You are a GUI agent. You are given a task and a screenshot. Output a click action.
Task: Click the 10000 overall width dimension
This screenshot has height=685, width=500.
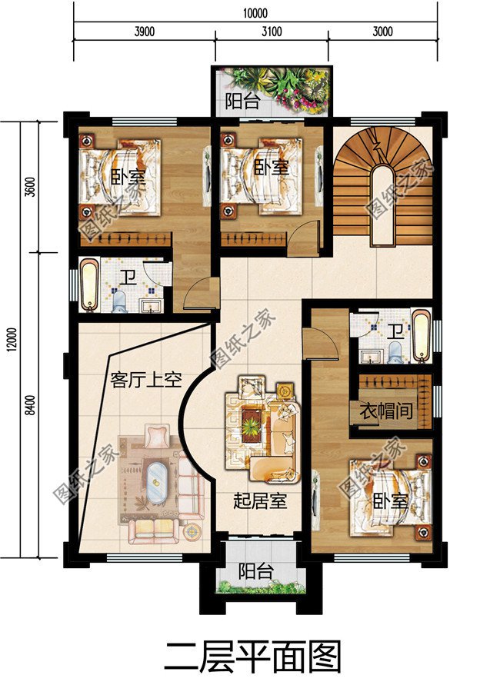tap(255, 12)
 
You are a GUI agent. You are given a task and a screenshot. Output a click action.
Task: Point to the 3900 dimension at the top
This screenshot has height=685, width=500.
tap(145, 32)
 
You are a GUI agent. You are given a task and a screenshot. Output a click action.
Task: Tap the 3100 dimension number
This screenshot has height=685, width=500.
tap(272, 32)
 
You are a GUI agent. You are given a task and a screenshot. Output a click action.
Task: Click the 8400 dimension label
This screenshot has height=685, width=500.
tap(30, 405)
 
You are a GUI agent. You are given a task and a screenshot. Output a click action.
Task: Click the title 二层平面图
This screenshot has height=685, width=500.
tap(252, 657)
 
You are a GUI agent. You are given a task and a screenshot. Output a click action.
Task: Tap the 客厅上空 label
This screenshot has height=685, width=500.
tap(146, 380)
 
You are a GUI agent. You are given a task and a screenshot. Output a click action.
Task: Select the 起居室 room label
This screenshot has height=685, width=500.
tap(260, 500)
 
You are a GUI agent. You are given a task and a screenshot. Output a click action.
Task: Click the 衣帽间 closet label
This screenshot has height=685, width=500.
tap(387, 411)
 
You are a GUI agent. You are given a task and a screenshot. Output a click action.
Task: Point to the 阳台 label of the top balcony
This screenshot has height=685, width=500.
tap(243, 101)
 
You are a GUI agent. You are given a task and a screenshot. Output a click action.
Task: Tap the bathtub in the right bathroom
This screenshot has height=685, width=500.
tap(422, 336)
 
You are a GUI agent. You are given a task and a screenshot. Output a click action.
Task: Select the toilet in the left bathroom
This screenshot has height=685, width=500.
tap(119, 302)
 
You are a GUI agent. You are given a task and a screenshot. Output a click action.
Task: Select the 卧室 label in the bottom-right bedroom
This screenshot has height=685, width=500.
tap(390, 502)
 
